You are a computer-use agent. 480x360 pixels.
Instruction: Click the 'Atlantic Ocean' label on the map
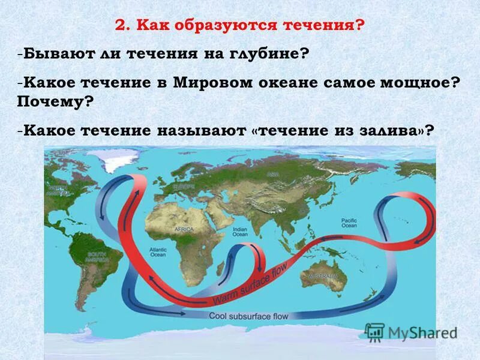(158, 251)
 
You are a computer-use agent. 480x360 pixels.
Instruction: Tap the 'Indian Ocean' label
(240, 232)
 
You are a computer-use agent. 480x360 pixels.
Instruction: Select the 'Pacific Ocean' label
(349, 223)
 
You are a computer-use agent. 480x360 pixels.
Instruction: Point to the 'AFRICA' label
(184, 229)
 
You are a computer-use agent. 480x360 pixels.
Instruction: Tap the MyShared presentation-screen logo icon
(375, 332)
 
